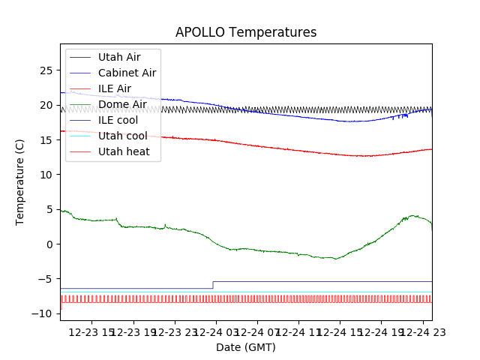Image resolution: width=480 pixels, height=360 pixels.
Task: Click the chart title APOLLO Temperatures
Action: pyautogui.click(x=246, y=32)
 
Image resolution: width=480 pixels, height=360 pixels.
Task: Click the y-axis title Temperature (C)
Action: pyautogui.click(x=20, y=182)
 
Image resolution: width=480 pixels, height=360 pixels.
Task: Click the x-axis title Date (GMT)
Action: pyautogui.click(x=246, y=347)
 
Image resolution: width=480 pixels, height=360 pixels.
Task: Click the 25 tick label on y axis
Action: pyautogui.click(x=46, y=70)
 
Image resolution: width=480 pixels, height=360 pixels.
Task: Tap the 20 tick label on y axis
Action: pyautogui.click(x=46, y=105)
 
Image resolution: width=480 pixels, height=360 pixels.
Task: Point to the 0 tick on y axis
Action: pyautogui.click(x=49, y=244)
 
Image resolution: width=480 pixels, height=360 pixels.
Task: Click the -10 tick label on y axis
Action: pyautogui.click(x=43, y=313)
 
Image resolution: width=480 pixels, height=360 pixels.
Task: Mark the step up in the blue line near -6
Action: pyautogui.click(x=213, y=285)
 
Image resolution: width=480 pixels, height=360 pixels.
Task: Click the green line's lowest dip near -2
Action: pyautogui.click(x=336, y=259)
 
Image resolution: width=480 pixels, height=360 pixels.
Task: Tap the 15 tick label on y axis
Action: pyautogui.click(x=46, y=140)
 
